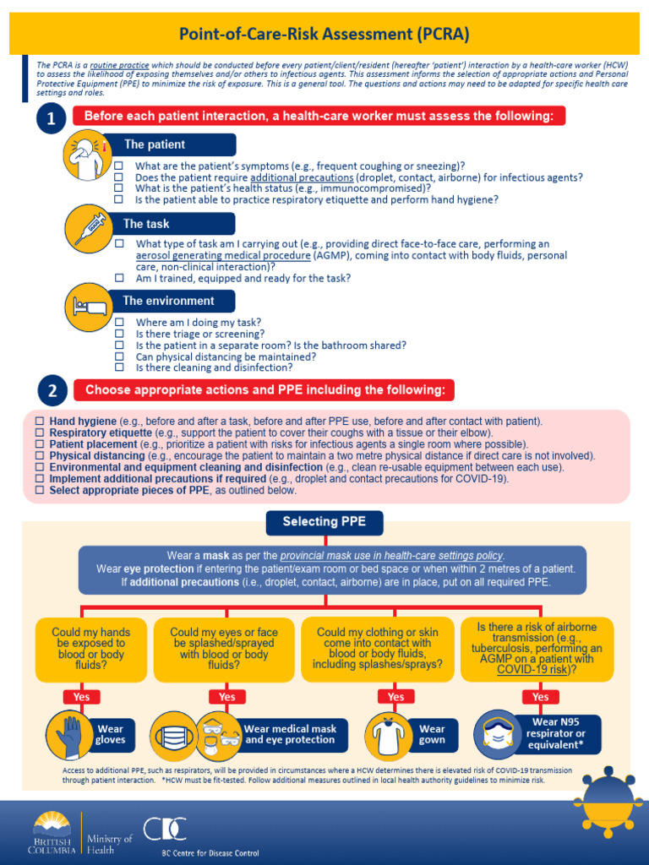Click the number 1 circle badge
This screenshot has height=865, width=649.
point(52,120)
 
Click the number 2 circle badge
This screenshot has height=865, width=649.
point(52,390)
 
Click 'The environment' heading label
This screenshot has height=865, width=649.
point(168,301)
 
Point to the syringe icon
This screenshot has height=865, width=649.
point(89,228)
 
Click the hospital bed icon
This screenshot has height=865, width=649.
point(88,307)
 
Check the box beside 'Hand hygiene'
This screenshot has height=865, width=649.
point(39,421)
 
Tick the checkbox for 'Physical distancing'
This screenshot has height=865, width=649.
point(39,455)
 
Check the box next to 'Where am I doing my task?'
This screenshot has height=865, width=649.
point(118,323)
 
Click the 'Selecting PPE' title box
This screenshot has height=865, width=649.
point(324,522)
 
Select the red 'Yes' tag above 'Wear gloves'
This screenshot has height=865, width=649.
point(81,697)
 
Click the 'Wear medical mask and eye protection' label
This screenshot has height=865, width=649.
point(291,734)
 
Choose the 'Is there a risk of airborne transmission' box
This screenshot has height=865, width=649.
point(537,648)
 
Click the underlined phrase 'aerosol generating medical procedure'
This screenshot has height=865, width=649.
point(222,255)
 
